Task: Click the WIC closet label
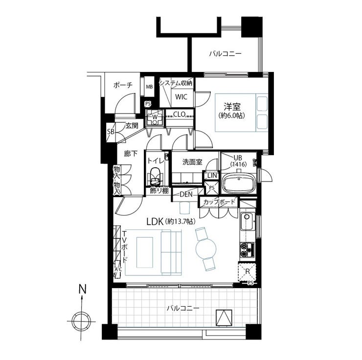[x=181, y=97]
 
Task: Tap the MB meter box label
[x=149, y=87]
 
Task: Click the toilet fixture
[x=155, y=176]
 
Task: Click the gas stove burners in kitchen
[x=247, y=250]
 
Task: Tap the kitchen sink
[x=248, y=222]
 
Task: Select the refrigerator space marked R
[x=248, y=272]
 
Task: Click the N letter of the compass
[x=82, y=290]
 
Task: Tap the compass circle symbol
[x=81, y=322]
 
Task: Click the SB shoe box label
[x=111, y=132]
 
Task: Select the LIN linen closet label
[x=212, y=176]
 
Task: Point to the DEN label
[x=186, y=194]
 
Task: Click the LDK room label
[x=155, y=222]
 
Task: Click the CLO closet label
[x=180, y=114]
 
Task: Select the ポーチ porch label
[x=123, y=85]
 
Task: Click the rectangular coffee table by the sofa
[x=145, y=252]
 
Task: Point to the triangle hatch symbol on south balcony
[x=224, y=318]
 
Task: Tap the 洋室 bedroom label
[x=232, y=107]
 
